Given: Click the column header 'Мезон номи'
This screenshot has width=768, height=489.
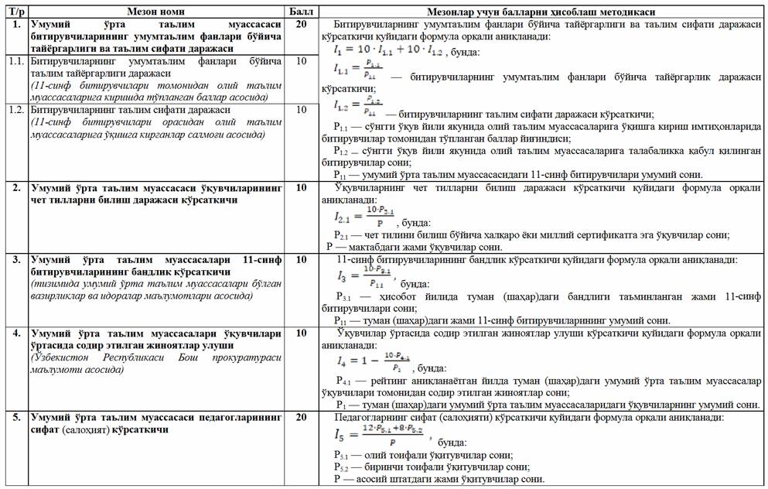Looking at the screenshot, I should (x=154, y=12).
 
